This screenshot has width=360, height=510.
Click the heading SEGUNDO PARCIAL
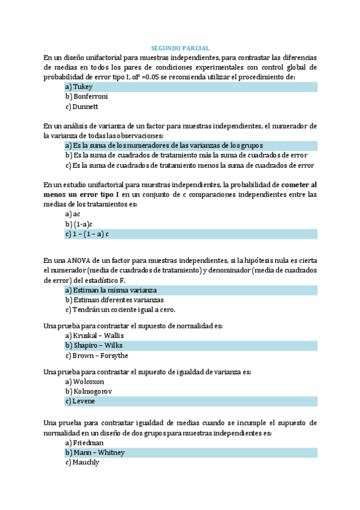(x=180, y=48)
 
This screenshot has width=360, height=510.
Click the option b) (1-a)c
(x=79, y=224)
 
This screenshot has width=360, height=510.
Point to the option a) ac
(x=73, y=214)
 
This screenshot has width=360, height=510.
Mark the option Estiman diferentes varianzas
(x=114, y=300)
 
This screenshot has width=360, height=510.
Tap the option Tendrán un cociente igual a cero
(x=120, y=310)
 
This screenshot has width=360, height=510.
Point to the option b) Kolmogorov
(x=89, y=391)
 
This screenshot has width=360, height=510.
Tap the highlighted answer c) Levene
(x=80, y=401)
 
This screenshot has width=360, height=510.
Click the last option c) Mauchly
(x=82, y=462)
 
